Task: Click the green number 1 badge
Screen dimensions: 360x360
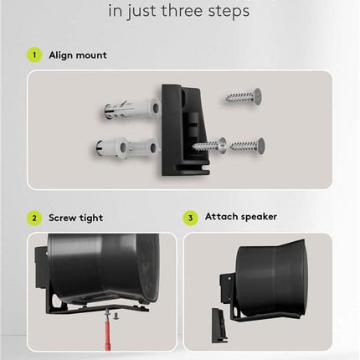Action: pyautogui.click(x=34, y=55)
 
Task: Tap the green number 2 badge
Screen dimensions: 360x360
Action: pyautogui.click(x=34, y=218)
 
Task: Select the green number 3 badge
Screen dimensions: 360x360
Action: pyautogui.click(x=191, y=218)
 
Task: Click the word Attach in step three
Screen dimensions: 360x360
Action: pyautogui.click(x=222, y=217)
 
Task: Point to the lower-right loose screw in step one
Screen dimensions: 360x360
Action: pyautogui.click(x=249, y=146)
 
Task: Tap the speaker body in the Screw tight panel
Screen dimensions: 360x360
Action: pyautogui.click(x=100, y=266)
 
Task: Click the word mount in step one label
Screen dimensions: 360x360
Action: pyautogui.click(x=94, y=55)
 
